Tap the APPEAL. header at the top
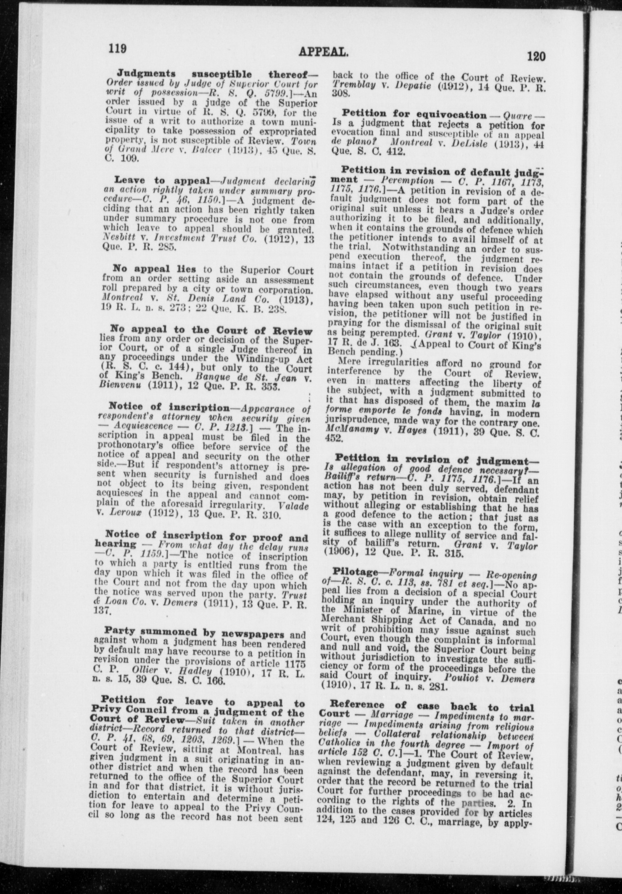point(324,52)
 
